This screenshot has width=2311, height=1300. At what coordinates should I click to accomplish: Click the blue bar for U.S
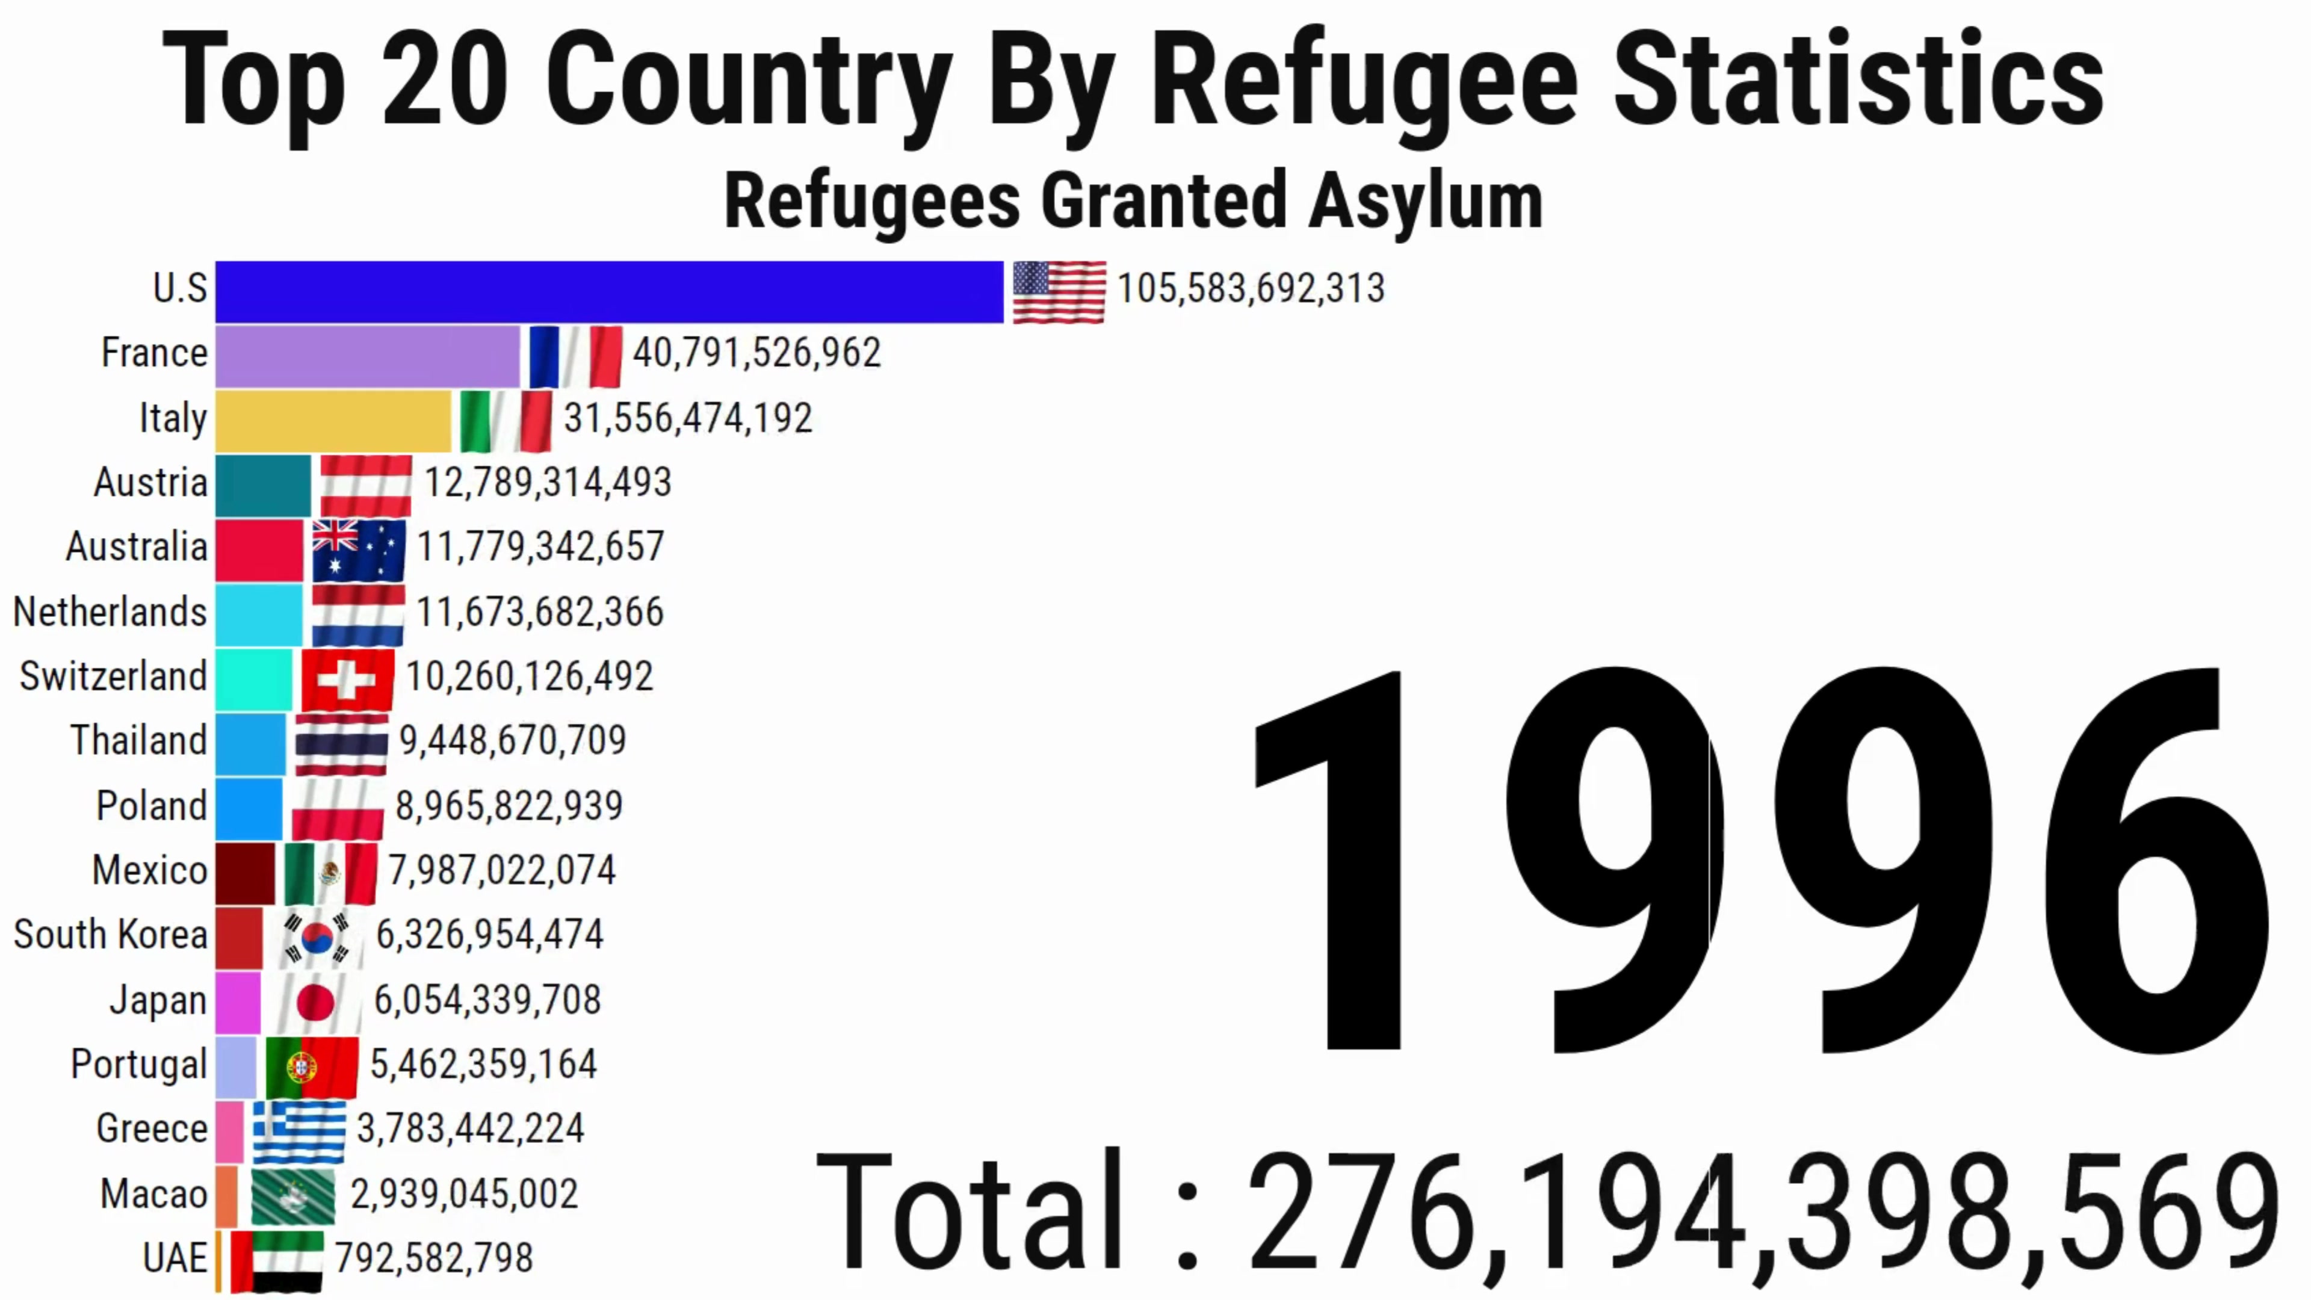[609, 291]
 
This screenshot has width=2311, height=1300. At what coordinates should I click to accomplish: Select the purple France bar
[368, 356]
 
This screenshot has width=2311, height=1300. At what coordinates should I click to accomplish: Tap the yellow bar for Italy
[333, 421]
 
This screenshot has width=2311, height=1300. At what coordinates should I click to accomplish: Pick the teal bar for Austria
[263, 485]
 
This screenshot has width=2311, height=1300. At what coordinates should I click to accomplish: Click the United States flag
[1059, 291]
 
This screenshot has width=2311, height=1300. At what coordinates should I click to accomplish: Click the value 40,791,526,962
[757, 353]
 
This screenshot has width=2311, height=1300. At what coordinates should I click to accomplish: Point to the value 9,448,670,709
[512, 740]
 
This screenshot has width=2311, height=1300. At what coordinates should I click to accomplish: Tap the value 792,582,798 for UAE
[434, 1258]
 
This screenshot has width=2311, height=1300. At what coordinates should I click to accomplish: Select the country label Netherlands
[110, 612]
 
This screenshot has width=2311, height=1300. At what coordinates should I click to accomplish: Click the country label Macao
[153, 1193]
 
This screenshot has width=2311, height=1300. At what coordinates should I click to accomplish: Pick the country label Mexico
[150, 870]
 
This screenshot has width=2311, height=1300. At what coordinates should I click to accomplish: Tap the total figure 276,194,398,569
[1763, 1212]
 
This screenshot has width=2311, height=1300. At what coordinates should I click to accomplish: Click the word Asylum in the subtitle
[1426, 202]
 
